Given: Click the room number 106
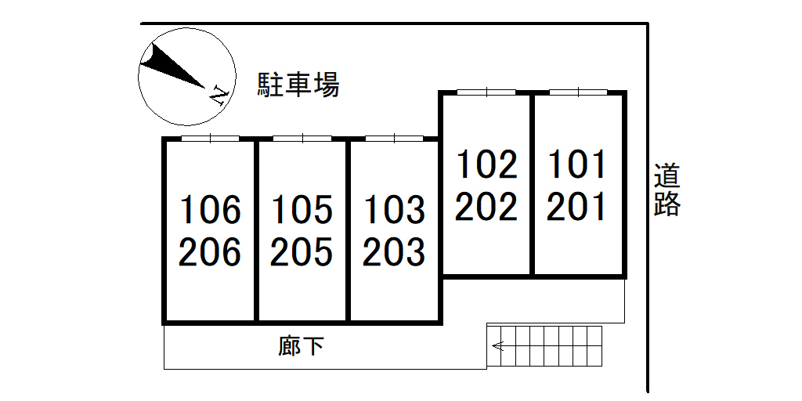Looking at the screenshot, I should pos(210,210).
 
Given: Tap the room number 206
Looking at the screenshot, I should pos(210,252).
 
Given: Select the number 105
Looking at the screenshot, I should pos(302,210).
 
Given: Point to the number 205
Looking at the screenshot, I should pos(302,252).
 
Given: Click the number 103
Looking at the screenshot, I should pos(394,210).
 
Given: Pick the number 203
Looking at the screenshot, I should pos(394,252).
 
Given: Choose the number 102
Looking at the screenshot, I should pos(486,164).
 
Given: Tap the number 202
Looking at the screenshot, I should pos(486,207).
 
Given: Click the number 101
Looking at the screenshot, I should pos(577,164).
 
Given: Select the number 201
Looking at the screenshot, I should pos(577,207).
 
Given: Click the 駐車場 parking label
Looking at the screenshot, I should pos(298,85).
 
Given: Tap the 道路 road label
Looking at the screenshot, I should pos(667,189).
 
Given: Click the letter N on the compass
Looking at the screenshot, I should pos(219,96).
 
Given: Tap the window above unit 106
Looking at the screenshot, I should pos(210,139).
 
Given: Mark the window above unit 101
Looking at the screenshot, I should pos(578,92).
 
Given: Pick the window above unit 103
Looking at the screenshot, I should pos(394,139).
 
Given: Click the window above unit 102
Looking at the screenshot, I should pos(486,92).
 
